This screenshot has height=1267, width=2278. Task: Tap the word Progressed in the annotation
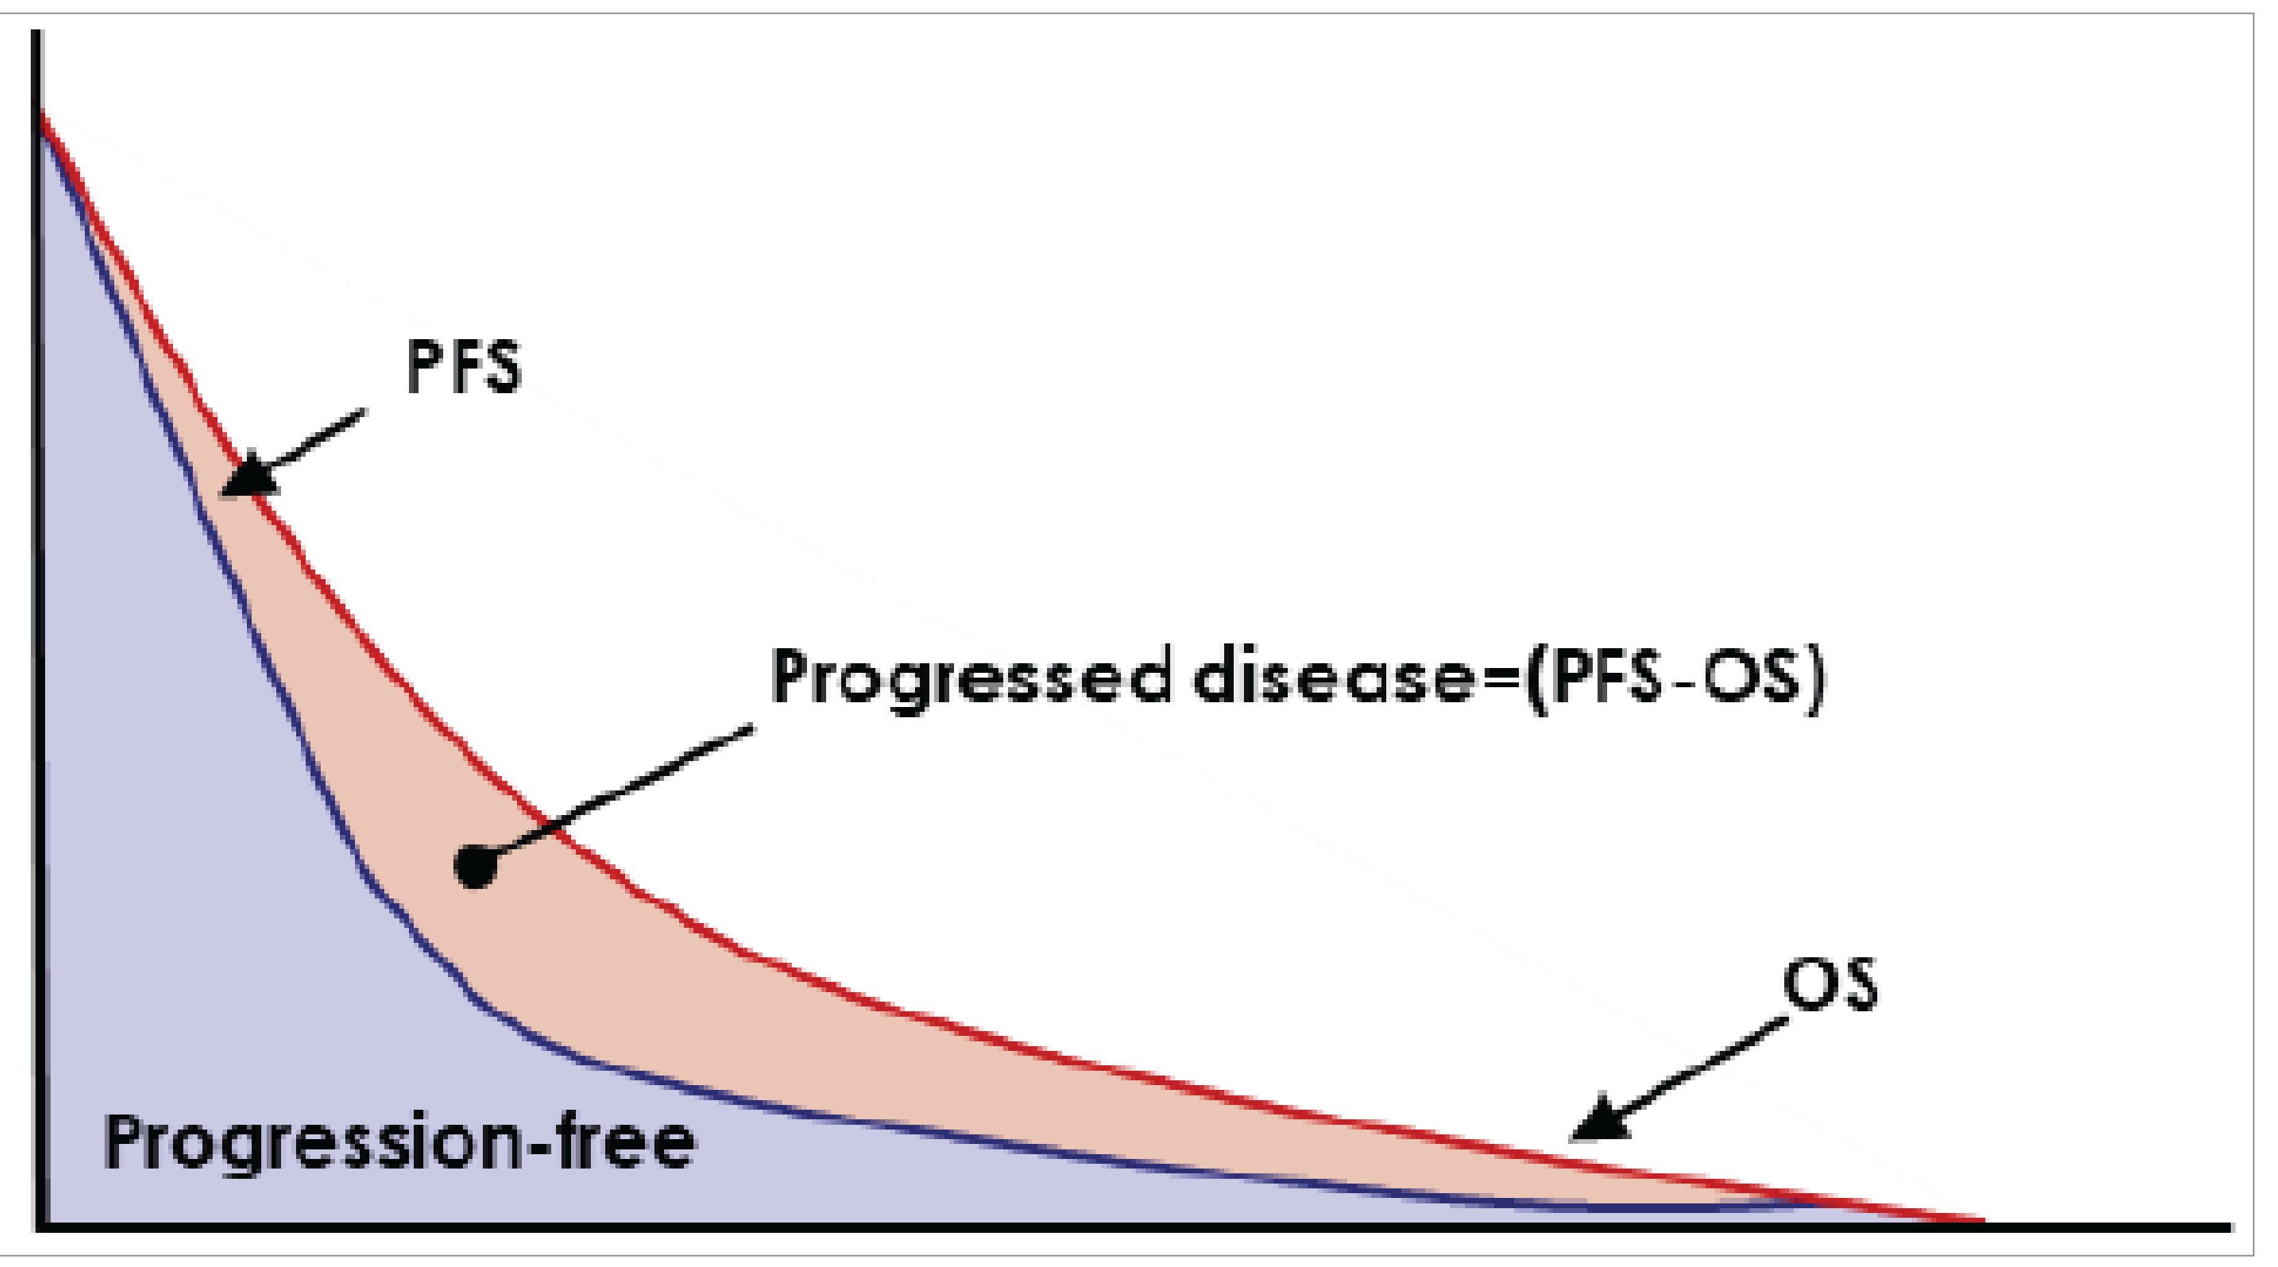pyautogui.click(x=971, y=676)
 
